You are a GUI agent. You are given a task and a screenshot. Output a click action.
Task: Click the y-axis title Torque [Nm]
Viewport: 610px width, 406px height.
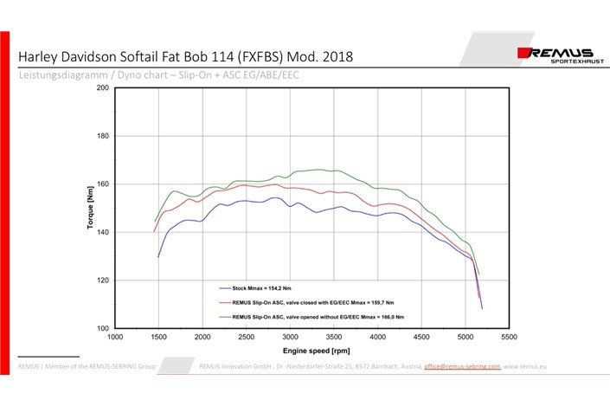click(x=89, y=209)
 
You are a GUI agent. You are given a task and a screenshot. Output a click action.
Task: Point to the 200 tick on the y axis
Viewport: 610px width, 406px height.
click(x=103, y=87)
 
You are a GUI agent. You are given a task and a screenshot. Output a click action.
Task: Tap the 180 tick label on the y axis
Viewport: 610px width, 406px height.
click(x=103, y=136)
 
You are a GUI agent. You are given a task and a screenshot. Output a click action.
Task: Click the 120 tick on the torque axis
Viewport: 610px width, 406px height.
click(x=103, y=280)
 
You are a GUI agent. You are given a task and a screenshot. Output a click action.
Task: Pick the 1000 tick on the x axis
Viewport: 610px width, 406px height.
click(x=115, y=336)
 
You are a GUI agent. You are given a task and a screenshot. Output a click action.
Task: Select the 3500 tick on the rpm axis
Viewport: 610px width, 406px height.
click(x=334, y=336)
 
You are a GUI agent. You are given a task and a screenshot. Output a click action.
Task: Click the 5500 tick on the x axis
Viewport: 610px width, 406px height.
click(x=509, y=336)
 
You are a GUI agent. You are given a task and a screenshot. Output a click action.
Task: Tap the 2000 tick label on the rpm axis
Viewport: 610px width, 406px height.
click(x=202, y=336)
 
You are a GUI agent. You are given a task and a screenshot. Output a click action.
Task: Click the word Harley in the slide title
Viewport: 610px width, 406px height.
click(x=40, y=57)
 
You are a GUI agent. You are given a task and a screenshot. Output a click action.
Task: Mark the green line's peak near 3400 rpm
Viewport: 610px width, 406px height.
click(x=319, y=170)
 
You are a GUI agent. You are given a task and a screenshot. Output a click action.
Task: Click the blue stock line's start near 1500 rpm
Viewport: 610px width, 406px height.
click(x=158, y=257)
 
